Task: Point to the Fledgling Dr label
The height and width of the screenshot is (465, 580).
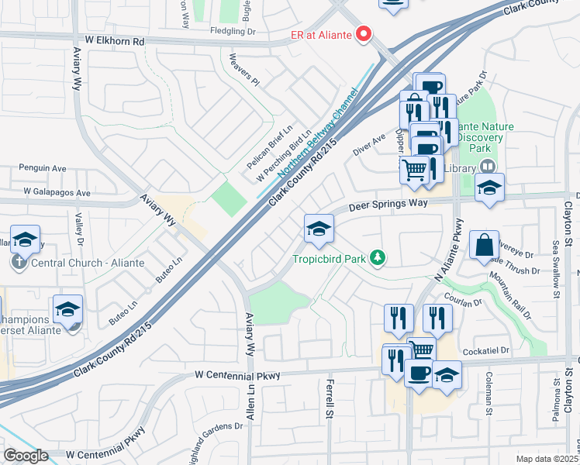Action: pyautogui.click(x=233, y=32)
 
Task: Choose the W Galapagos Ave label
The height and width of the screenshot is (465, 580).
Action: pyautogui.click(x=57, y=191)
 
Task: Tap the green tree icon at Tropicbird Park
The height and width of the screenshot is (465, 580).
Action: pyautogui.click(x=378, y=257)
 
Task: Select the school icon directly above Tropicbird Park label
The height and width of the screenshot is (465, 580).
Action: pyautogui.click(x=318, y=229)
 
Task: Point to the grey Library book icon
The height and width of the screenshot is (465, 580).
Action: pyautogui.click(x=488, y=166)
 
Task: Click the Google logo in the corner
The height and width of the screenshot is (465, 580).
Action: pyautogui.click(x=26, y=456)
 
